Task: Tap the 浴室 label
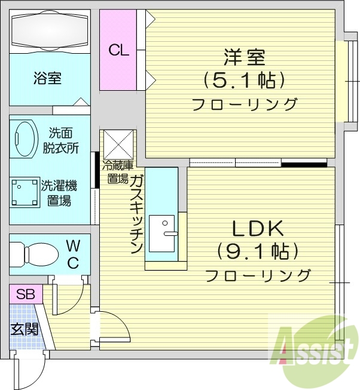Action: click(x=47, y=78)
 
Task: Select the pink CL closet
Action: click(x=118, y=50)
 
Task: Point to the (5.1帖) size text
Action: click(x=243, y=80)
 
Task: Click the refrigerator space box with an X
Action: click(x=118, y=145)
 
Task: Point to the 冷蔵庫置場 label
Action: click(x=117, y=171)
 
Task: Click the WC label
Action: click(x=72, y=253)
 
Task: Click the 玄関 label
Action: click(x=24, y=328)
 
